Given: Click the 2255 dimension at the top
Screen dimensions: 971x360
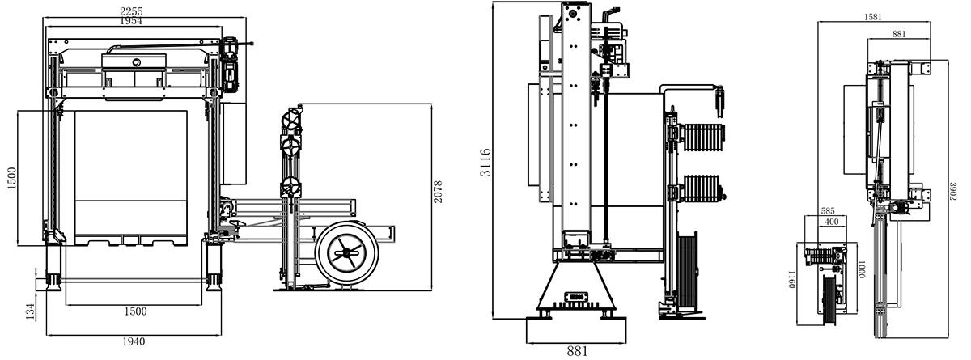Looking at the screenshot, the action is click(x=131, y=11).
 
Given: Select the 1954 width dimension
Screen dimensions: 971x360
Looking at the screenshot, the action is click(x=130, y=21).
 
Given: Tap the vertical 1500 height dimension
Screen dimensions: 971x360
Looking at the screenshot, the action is click(x=11, y=178).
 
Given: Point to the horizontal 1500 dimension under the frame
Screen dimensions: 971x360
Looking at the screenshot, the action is click(x=135, y=311).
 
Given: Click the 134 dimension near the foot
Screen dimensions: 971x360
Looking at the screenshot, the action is click(x=30, y=311).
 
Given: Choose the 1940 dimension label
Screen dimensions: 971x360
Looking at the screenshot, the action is click(x=134, y=342).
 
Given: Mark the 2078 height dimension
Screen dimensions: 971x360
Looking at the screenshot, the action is click(x=438, y=192).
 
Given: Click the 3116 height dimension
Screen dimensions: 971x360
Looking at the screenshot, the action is click(x=485, y=163).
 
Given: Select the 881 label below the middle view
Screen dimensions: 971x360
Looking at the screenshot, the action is click(x=577, y=351).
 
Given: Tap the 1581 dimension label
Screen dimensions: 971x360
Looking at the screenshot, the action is click(x=872, y=17).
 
